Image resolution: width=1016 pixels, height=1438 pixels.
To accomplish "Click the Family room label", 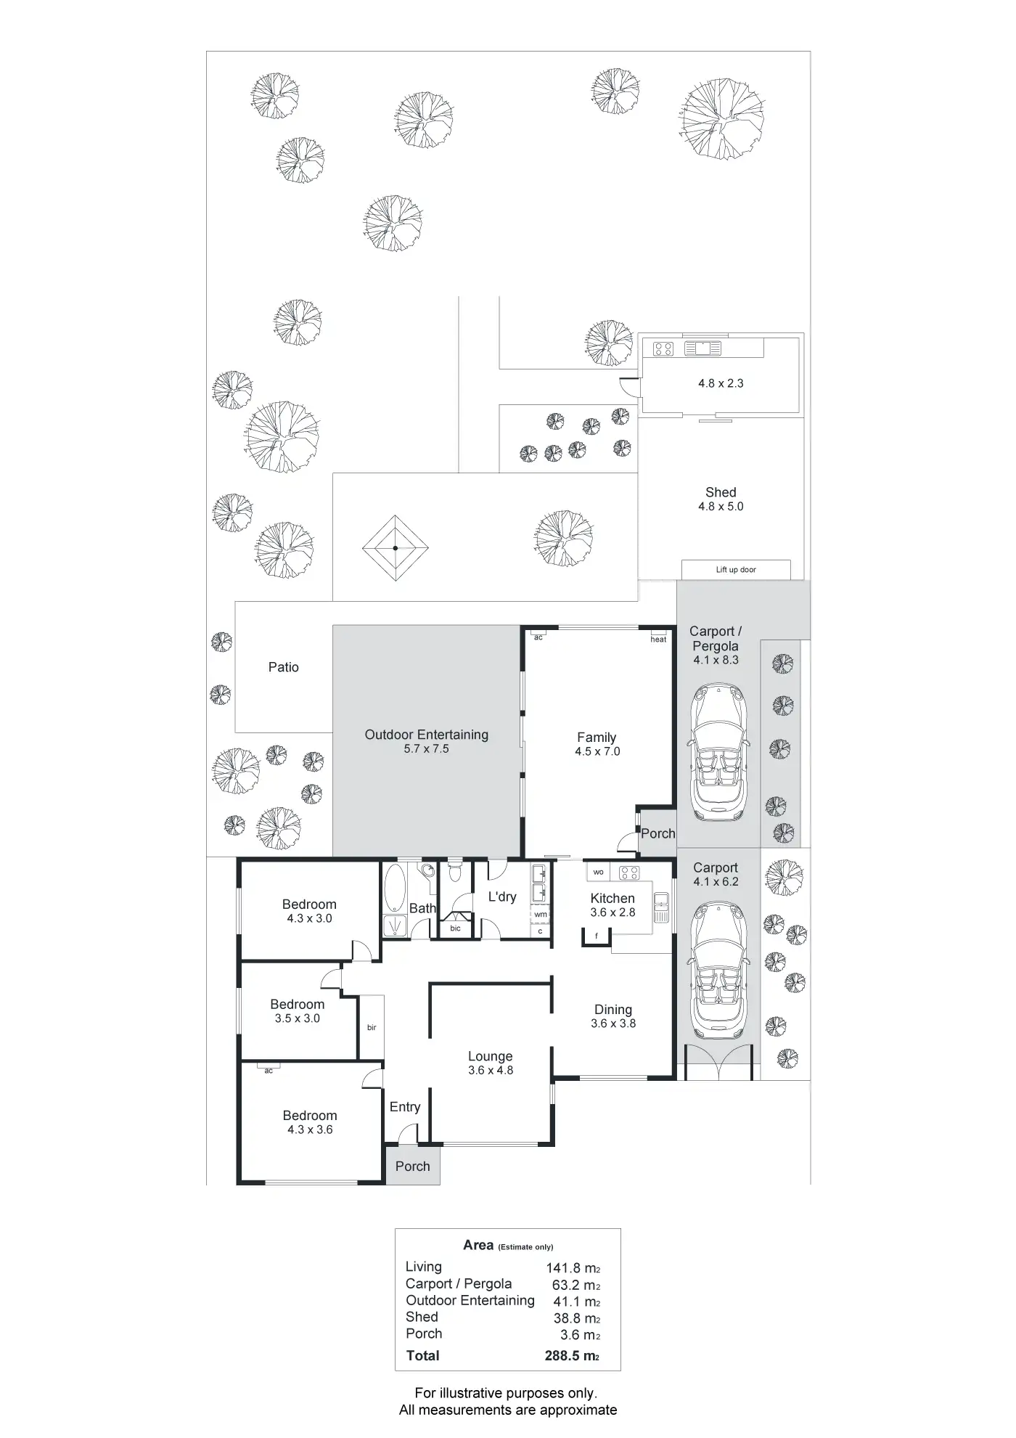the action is coord(597,738).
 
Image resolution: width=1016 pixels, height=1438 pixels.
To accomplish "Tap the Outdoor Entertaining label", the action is coord(427,735).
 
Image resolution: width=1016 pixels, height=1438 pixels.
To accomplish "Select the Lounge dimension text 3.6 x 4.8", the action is coord(491,1070).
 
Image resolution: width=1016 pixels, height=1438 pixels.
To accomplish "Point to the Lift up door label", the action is coord(736,570).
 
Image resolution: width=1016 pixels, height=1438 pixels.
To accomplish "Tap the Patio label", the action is coord(284,667).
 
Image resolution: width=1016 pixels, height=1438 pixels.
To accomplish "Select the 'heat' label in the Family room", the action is coord(658,640).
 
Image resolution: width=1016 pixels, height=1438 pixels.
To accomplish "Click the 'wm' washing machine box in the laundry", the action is coord(541,915).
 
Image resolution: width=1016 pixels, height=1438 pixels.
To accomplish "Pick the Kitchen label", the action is coord(613,898).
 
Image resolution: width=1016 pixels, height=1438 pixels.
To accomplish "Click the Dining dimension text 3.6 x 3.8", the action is coord(613,1024).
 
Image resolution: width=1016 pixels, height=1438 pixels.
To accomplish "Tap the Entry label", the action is coord(405,1107).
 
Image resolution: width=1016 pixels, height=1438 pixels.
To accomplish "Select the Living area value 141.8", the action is coord(563,1268).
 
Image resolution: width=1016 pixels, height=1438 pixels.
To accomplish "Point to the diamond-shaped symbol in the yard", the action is coord(396,548).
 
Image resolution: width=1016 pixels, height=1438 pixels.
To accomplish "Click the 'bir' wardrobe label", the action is coord(372,1027).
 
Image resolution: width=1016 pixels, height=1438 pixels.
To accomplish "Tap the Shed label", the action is coord(721,492).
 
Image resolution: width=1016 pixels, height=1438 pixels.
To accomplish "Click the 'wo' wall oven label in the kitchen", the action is coord(599,872).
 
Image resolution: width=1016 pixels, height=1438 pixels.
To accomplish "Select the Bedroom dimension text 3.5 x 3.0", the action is coord(298,1018).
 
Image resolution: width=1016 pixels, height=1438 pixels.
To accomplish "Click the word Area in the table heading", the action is coord(478,1245).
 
